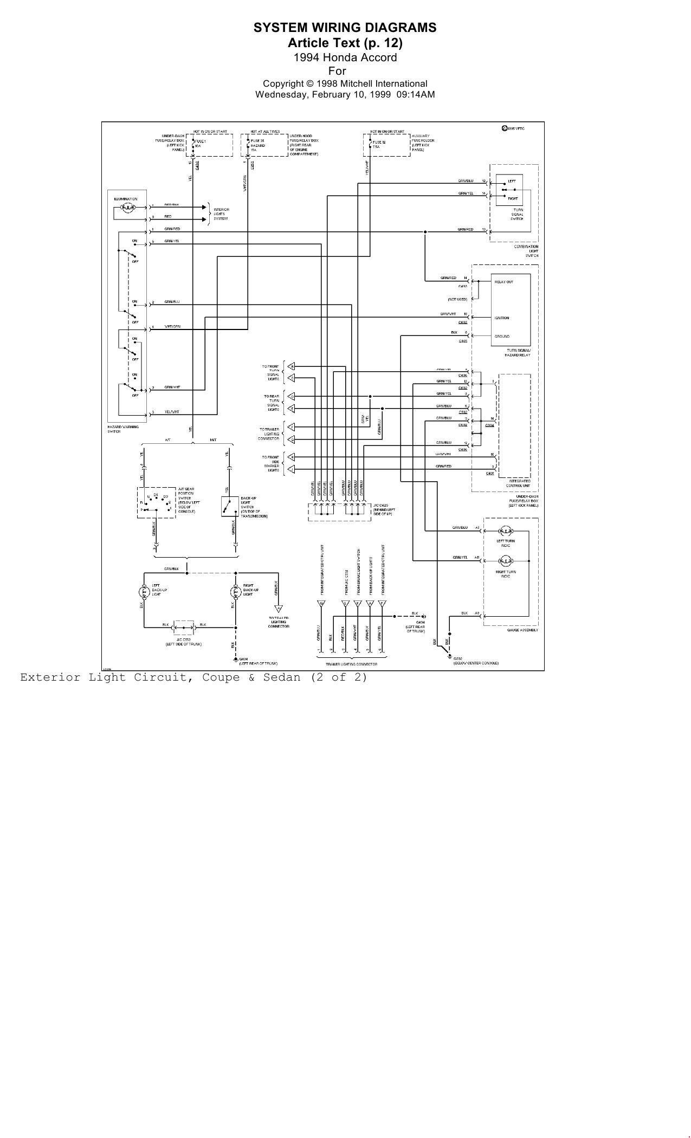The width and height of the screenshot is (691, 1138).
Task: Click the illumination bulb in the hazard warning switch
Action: tap(128, 207)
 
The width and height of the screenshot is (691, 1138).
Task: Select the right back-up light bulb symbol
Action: tap(236, 591)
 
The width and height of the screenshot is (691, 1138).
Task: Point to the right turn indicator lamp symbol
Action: tap(505, 560)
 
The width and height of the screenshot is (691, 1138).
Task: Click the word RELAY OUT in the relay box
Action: tap(503, 282)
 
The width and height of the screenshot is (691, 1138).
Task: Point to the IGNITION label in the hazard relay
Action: tap(501, 318)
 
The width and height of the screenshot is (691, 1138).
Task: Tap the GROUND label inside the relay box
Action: tap(501, 337)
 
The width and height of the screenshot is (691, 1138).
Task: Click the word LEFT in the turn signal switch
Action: tap(512, 181)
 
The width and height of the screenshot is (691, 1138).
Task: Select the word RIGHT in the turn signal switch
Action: tap(512, 198)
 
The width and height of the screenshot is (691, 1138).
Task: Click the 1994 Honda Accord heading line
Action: tap(345, 57)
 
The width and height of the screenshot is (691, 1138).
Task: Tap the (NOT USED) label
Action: tap(457, 299)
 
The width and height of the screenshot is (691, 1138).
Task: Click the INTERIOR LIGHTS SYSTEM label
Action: tap(221, 214)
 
